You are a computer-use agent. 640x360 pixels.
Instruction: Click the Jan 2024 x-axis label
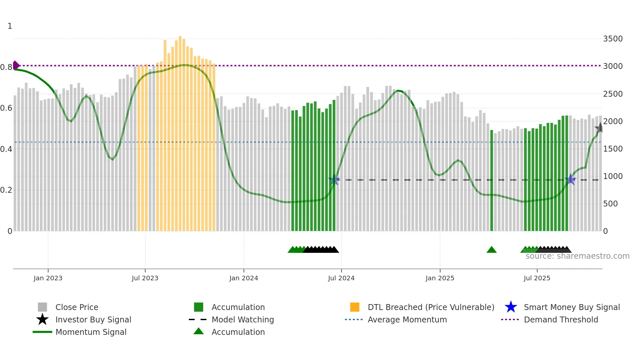pos(244,278)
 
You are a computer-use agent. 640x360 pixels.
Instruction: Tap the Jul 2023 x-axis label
pos(145,278)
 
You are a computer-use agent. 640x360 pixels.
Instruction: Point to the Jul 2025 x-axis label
pos(537,278)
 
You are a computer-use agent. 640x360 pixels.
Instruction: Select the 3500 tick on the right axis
pos(613,39)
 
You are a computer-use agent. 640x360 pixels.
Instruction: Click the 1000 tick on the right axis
pos(613,176)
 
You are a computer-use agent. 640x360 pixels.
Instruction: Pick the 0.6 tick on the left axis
pos(6,108)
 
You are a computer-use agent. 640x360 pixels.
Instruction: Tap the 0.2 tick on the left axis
pos(6,190)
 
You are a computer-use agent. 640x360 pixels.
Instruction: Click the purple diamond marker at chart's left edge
pos(16,65)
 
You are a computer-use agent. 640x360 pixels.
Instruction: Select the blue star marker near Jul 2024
pos(334,180)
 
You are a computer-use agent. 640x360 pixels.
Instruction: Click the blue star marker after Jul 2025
pos(570,179)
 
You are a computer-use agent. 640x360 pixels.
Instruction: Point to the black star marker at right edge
pos(600,128)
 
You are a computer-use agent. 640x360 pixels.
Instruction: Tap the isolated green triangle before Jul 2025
pos(491,250)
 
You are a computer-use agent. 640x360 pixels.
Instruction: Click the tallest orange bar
pos(180,131)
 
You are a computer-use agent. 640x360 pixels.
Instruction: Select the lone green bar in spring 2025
pos(491,180)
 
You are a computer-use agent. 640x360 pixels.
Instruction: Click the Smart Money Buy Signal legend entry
pos(571,307)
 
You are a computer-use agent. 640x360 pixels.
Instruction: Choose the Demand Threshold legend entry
pos(561,319)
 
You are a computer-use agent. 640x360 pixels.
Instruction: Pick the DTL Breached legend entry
pos(431,307)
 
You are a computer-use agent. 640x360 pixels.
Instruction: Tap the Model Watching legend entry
pos(242,319)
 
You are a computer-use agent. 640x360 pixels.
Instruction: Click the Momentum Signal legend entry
pos(91,332)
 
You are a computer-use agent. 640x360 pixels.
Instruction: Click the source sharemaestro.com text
pos(577,256)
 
